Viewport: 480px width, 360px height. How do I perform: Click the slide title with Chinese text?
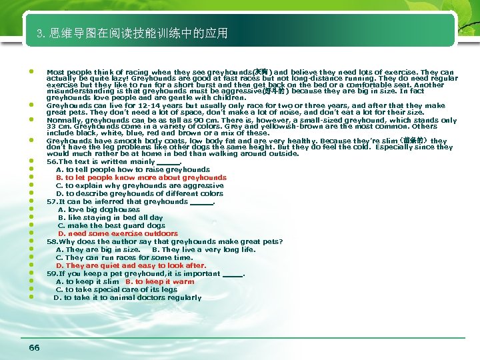point(133,33)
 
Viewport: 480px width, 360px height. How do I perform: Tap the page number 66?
point(35,347)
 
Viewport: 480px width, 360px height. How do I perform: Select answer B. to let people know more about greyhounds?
point(141,178)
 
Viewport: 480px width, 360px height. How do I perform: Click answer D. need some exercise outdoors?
point(118,234)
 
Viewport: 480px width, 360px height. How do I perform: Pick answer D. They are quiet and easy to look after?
point(131,266)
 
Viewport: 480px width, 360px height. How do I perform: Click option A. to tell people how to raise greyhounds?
point(133,170)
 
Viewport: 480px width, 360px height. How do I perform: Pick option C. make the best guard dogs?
point(111,226)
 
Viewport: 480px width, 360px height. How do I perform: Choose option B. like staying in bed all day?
point(110,218)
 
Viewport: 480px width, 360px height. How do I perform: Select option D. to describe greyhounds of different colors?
point(139,194)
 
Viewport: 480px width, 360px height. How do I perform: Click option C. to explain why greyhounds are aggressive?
point(139,186)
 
